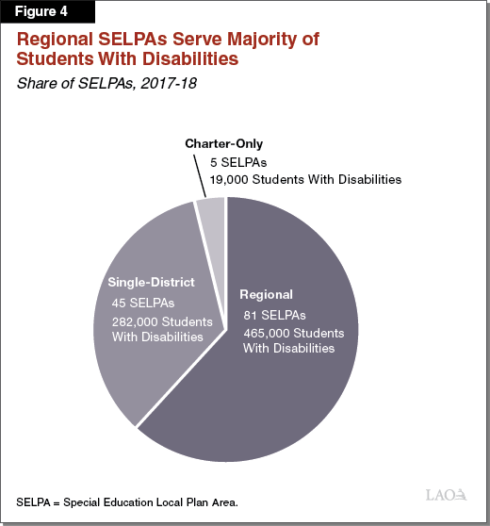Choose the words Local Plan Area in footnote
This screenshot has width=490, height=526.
pyautogui.click(x=197, y=501)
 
